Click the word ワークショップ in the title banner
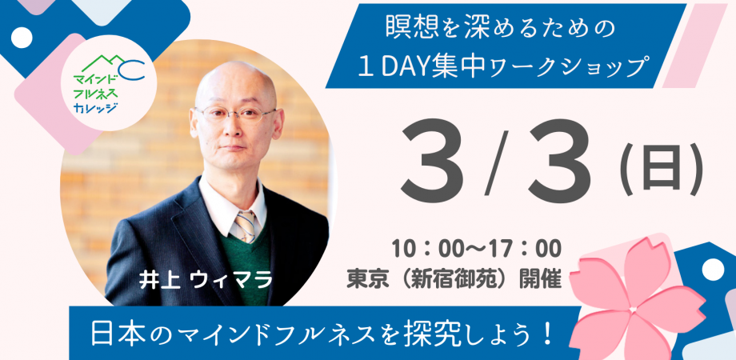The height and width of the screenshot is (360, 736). pyautogui.click(x=582, y=70)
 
